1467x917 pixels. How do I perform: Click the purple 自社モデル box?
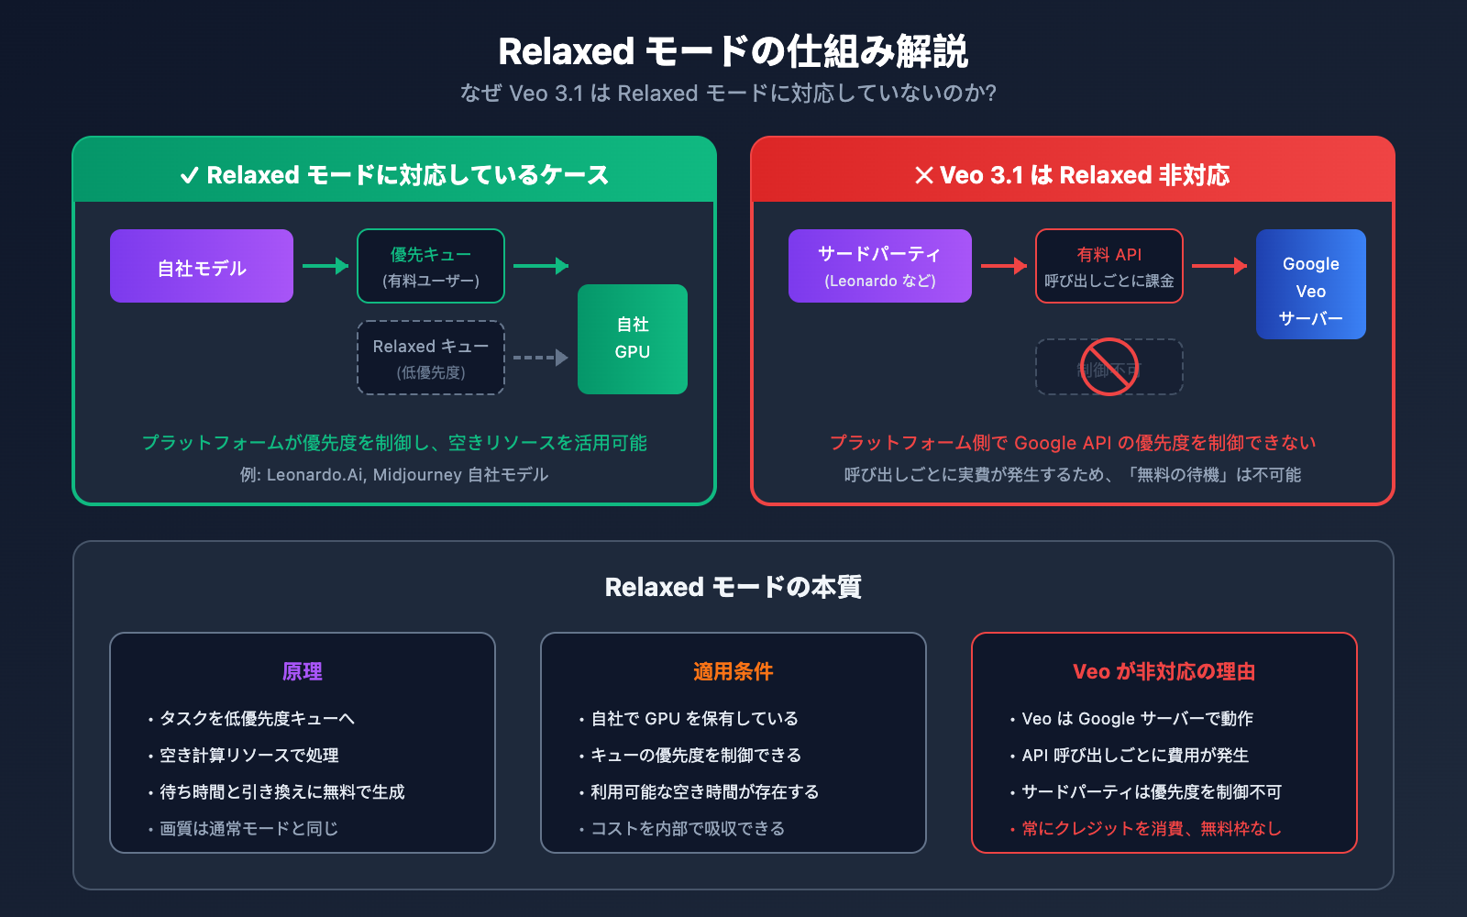(202, 266)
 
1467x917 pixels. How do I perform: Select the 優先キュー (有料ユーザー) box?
(431, 266)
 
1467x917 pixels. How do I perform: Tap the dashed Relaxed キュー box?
(431, 358)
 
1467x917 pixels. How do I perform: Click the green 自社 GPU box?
(633, 339)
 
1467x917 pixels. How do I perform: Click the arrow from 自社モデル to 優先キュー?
(325, 266)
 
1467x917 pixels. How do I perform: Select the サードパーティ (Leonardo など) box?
(880, 266)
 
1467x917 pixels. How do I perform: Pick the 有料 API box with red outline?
(1109, 266)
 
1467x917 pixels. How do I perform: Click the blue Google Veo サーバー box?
(1311, 284)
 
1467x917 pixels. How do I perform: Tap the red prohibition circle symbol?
(1109, 367)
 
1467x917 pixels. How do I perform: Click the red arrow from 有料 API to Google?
(1219, 266)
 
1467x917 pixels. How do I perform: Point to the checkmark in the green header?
(190, 175)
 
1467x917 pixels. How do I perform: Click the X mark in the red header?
(924, 175)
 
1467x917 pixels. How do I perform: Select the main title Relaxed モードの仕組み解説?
(733, 51)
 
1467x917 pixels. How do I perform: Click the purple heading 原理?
(303, 671)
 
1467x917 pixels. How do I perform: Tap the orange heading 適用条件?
(733, 671)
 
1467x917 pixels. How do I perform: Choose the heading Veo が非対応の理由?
(1164, 671)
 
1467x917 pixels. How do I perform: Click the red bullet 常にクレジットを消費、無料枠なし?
(1151, 828)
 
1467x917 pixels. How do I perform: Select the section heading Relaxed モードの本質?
(733, 587)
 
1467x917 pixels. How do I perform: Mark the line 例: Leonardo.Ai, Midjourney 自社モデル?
(394, 474)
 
